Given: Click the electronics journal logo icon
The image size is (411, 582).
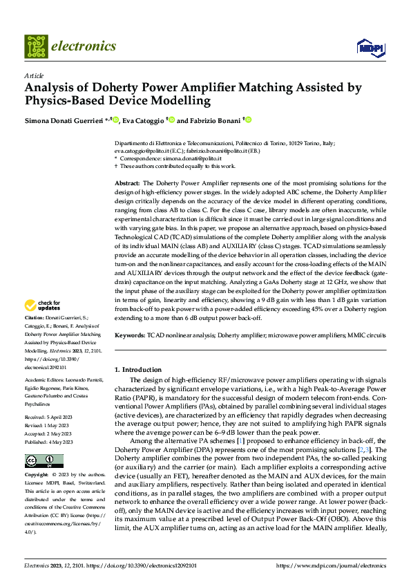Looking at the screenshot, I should click(x=35, y=46).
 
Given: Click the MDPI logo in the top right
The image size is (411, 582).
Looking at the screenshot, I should click(x=370, y=47).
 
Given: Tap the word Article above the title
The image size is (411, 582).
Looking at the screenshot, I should click(x=34, y=75).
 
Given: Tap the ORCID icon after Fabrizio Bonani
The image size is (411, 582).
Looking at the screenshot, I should click(x=248, y=120).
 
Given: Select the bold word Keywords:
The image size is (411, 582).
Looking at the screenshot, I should click(x=131, y=335).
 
